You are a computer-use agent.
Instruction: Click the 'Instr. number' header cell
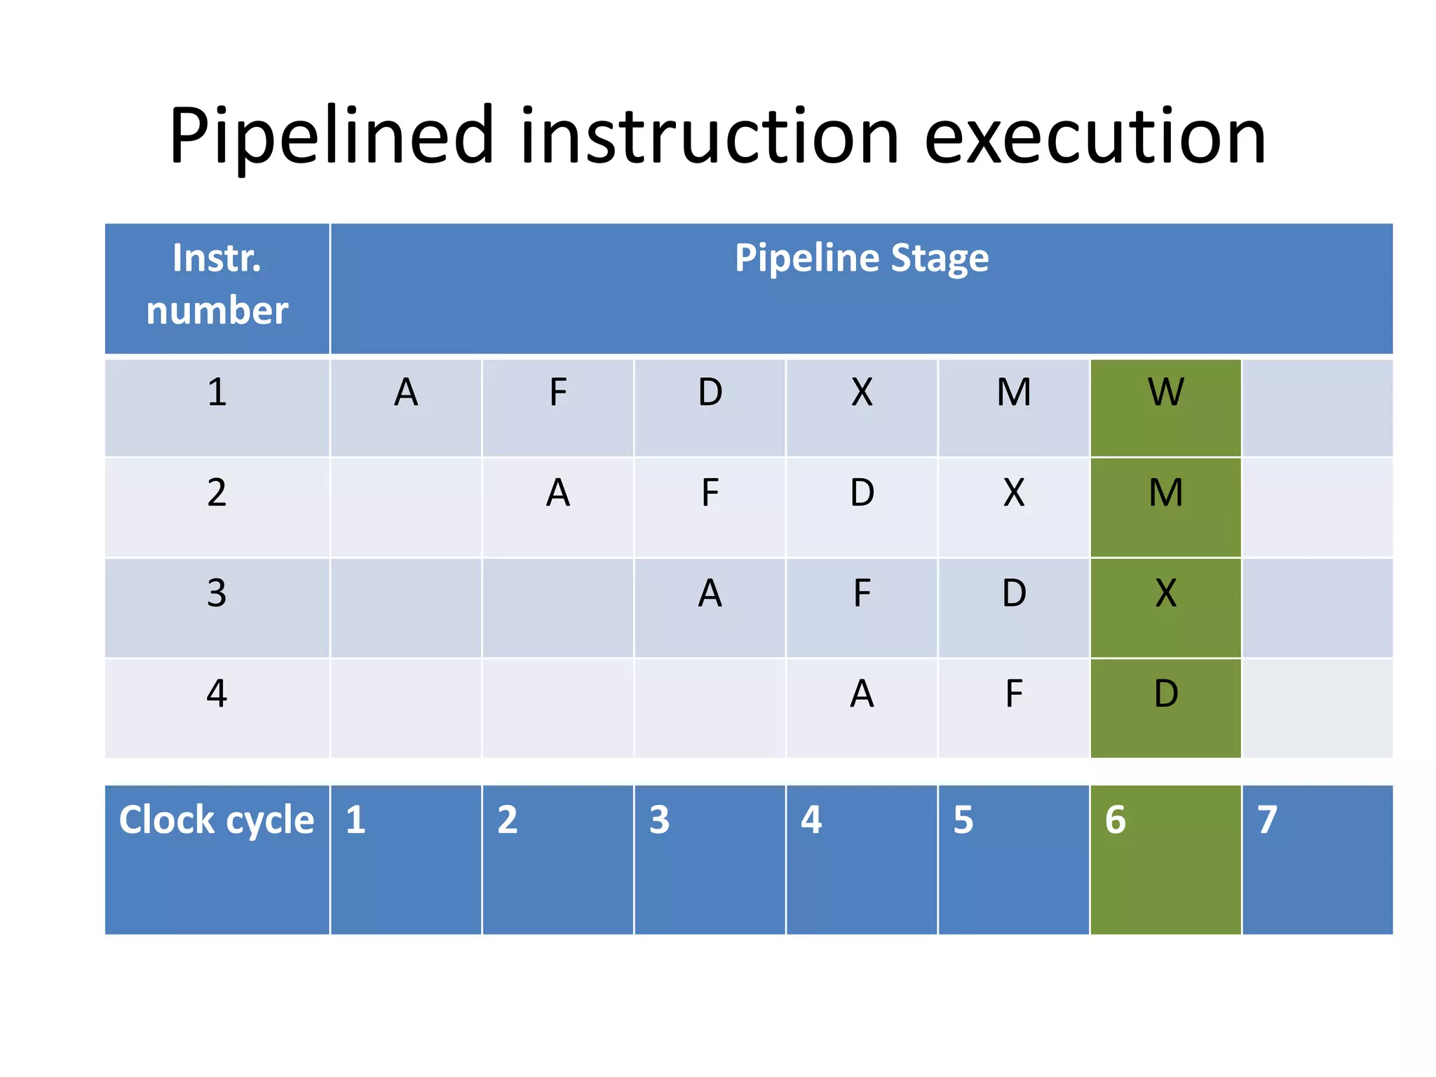pos(217,285)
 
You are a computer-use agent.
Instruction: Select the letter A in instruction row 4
pos(861,694)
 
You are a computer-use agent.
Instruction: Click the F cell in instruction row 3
pos(861,593)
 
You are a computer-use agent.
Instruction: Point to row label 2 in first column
pos(217,493)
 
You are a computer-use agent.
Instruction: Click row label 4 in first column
pos(217,694)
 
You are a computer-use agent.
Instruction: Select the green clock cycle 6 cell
pos(1165,859)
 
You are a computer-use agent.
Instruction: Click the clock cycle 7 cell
pos(1317,859)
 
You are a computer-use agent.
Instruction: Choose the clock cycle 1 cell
pos(406,859)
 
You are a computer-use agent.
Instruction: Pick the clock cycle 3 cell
pos(710,859)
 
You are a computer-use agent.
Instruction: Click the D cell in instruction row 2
pos(861,493)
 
